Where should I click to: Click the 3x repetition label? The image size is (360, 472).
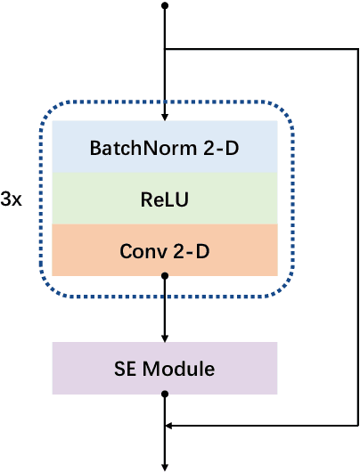[12, 200]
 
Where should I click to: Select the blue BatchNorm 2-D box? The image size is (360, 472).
[165, 147]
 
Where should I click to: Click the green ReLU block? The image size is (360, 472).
[165, 199]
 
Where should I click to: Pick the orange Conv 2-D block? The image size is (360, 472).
[165, 251]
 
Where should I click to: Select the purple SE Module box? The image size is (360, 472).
[165, 368]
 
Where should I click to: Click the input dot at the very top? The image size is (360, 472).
[165, 6]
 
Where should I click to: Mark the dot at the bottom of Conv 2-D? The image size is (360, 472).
[165, 276]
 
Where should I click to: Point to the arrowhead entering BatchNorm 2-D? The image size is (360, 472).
[165, 116]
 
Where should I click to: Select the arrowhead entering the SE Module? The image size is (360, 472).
[165, 338]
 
